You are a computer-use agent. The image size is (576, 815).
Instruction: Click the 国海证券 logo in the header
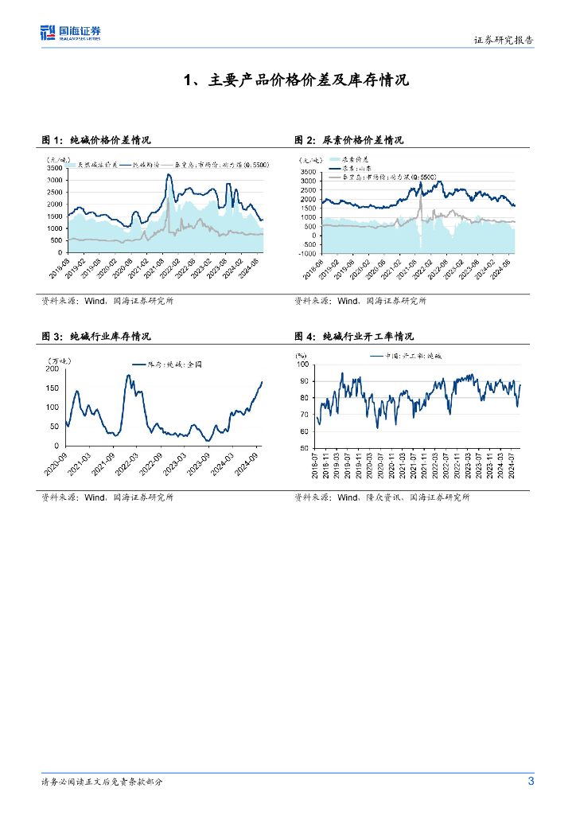tap(71, 33)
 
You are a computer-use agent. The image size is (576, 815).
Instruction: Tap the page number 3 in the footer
tap(531, 781)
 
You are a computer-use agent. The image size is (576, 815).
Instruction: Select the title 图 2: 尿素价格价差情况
tap(349, 139)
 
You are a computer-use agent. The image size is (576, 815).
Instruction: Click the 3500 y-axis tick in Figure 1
tap(56, 169)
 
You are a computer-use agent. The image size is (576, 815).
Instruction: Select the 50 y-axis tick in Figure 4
tap(303, 449)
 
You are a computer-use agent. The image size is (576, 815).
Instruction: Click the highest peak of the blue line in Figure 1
tap(169, 175)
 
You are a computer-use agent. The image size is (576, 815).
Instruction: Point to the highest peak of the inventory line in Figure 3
tap(129, 376)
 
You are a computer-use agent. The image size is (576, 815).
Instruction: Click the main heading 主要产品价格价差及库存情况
tap(295, 80)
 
